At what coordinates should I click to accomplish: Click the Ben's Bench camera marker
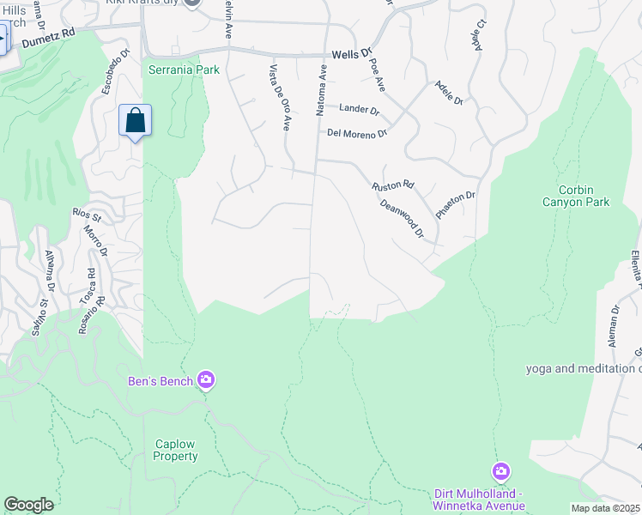(205, 379)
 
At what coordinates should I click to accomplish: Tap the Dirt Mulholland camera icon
(501, 471)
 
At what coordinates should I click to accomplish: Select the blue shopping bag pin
(136, 120)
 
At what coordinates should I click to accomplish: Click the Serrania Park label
(184, 70)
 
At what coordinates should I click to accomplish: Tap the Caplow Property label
(176, 450)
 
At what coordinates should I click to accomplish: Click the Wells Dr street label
(354, 52)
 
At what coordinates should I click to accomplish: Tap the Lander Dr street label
(359, 109)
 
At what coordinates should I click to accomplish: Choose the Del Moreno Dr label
(357, 133)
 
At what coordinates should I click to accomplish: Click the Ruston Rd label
(393, 185)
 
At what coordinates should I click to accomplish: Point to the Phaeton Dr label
(455, 205)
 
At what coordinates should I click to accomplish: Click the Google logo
(28, 505)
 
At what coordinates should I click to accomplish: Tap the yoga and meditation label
(584, 369)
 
